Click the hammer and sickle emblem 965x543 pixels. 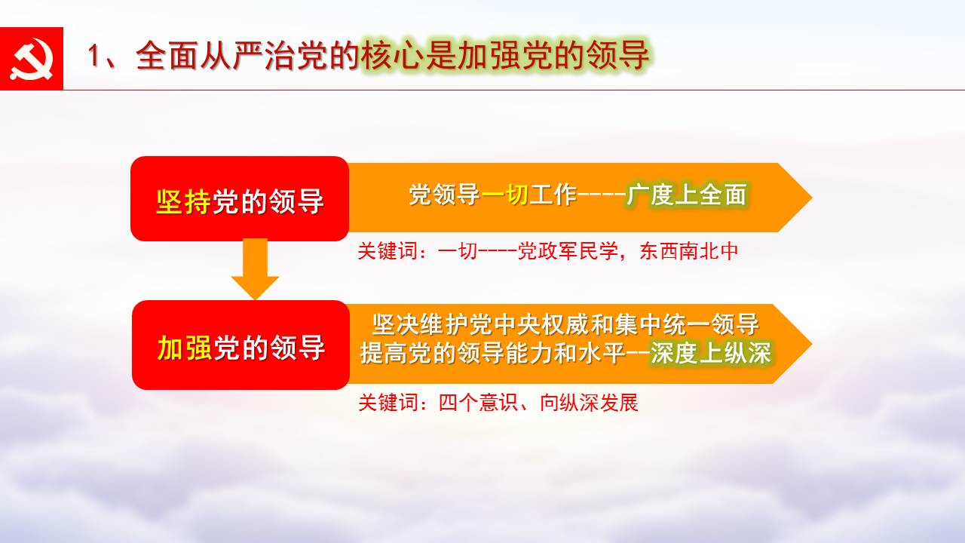(x=32, y=59)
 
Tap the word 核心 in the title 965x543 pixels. (x=393, y=56)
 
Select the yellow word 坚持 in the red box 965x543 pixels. (x=183, y=201)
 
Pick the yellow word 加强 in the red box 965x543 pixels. (x=185, y=348)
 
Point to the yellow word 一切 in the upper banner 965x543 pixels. (x=505, y=195)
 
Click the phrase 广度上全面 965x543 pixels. (x=687, y=195)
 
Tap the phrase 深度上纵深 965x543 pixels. (x=710, y=353)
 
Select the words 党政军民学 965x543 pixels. (x=568, y=251)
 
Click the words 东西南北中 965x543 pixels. (x=688, y=251)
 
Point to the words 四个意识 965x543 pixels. (x=478, y=403)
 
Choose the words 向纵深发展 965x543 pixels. (x=589, y=403)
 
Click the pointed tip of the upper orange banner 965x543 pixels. (x=812, y=198)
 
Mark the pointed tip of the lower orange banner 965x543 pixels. (x=812, y=344)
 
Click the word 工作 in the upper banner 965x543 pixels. (x=553, y=195)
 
